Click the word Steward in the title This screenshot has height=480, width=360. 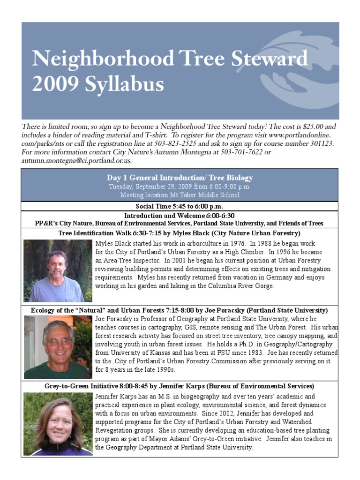click(x=262, y=59)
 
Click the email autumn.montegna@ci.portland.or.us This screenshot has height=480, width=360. click(x=76, y=160)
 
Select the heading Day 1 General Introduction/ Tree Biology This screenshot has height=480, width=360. click(x=180, y=178)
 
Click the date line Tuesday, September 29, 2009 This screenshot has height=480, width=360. click(x=180, y=186)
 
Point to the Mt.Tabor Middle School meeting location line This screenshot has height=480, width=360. click(x=180, y=195)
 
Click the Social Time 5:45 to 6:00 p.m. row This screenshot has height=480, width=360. click(x=180, y=206)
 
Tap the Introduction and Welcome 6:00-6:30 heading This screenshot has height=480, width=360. click(x=180, y=216)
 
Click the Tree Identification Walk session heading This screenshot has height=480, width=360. click(x=180, y=233)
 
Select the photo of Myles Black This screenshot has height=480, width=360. click(x=58, y=270)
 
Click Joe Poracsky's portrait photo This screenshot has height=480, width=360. click(x=58, y=346)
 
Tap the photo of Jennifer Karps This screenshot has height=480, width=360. click(x=58, y=424)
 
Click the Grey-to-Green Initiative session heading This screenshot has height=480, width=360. click(x=180, y=386)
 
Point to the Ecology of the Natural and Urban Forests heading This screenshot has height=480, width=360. click(x=180, y=310)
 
